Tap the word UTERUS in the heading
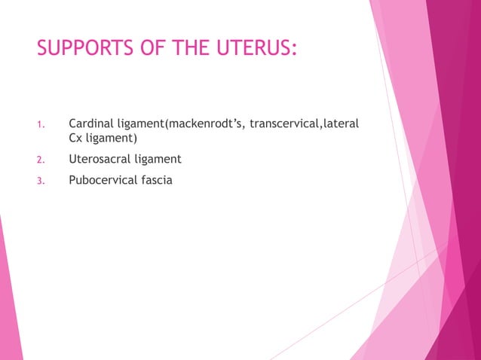[253, 50]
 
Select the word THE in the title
[192, 50]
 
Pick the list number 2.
[41, 160]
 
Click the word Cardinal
[91, 123]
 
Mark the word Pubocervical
[101, 180]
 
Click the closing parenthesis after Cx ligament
[133, 139]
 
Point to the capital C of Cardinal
[73, 123]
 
